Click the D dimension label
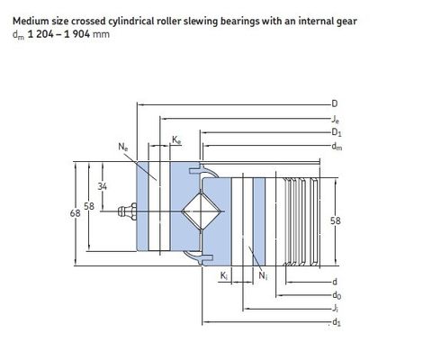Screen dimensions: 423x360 [x=335, y=103]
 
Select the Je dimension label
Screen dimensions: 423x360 [x=336, y=120]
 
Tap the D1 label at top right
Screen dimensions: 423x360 [x=337, y=132]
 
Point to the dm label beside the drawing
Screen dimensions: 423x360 [x=337, y=147]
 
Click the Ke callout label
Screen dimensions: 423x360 [x=176, y=139]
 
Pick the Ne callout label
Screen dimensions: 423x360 [x=122, y=147]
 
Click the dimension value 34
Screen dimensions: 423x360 [x=103, y=186]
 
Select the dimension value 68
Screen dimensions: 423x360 [x=75, y=213]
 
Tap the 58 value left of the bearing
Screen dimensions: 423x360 [x=89, y=206]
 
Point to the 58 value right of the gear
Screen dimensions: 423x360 [x=336, y=220]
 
